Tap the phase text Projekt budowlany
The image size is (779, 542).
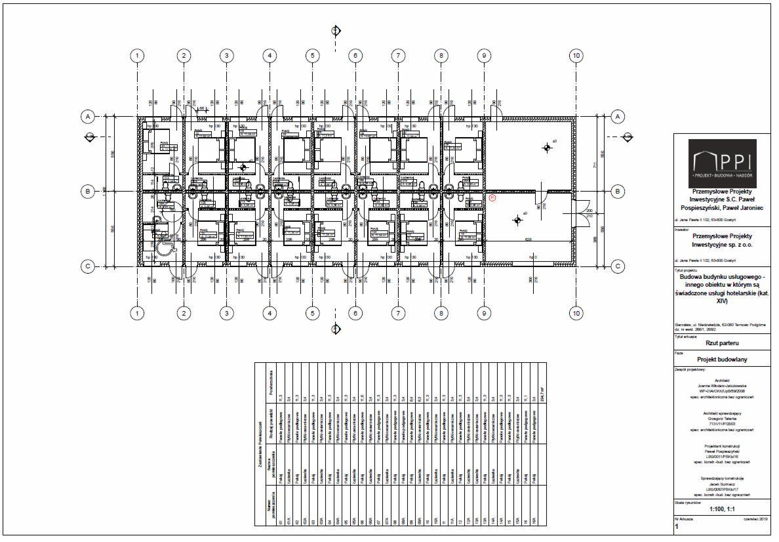tap(721, 360)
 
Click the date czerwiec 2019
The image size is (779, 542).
tap(755, 518)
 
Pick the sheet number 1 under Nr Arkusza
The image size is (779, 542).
tap(677, 526)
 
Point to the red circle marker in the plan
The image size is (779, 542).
tap(492, 196)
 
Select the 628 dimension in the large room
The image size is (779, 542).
tap(527, 240)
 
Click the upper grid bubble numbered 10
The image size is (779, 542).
tap(576, 56)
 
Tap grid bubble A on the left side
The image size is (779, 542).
tap(87, 116)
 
